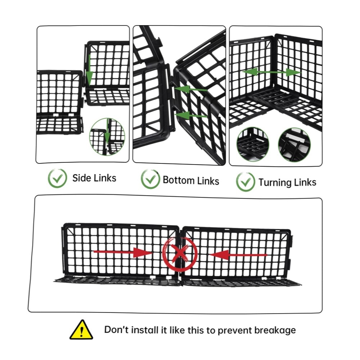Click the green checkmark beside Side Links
click(57, 178)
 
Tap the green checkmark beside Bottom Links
click(150, 179)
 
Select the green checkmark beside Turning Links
click(246, 182)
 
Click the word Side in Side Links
click(81, 178)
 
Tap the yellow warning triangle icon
click(81, 329)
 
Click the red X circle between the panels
click(180, 253)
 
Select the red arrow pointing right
click(123, 252)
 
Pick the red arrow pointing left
click(238, 255)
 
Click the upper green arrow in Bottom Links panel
click(191, 89)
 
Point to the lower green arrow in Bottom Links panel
click(192, 115)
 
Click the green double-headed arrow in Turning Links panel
click(271, 72)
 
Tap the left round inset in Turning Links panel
click(253, 144)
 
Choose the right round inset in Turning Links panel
click(294, 145)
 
